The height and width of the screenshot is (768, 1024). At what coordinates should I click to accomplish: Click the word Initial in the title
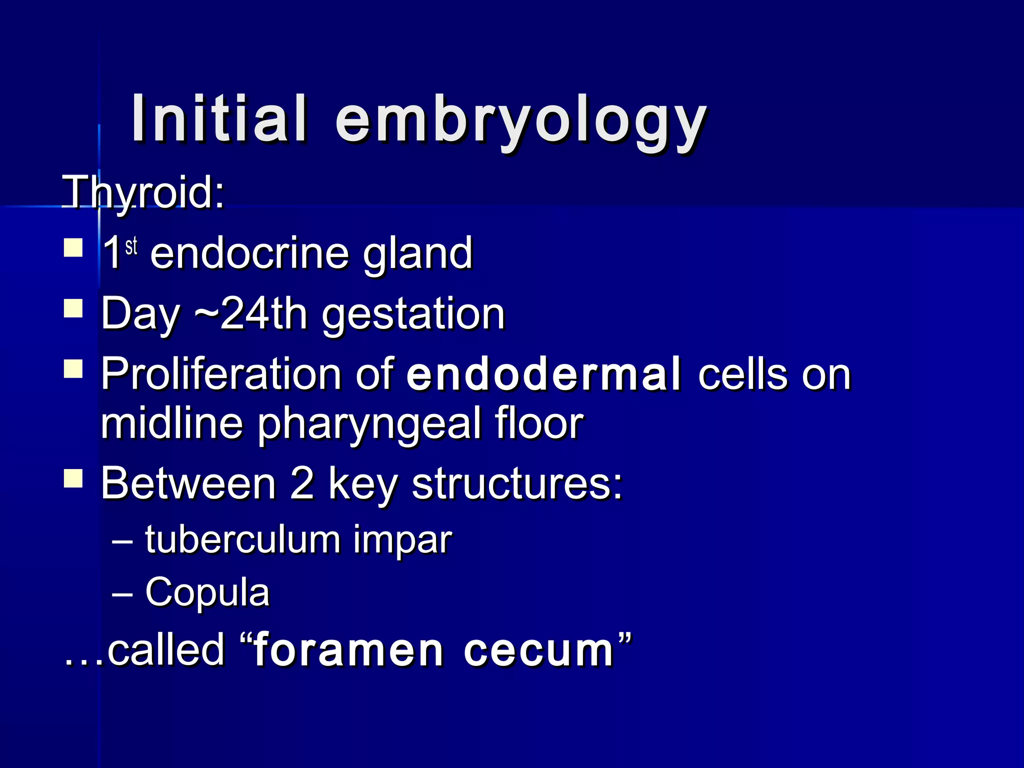218,119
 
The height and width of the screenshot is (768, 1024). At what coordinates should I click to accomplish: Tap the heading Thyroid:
143,192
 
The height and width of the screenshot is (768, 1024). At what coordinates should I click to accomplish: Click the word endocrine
249,253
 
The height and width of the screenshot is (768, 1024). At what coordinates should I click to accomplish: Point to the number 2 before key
302,483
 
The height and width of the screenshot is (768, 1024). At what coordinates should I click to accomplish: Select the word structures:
517,483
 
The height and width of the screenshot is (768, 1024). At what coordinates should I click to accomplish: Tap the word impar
402,541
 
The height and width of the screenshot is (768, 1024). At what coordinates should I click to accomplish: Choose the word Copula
207,592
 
